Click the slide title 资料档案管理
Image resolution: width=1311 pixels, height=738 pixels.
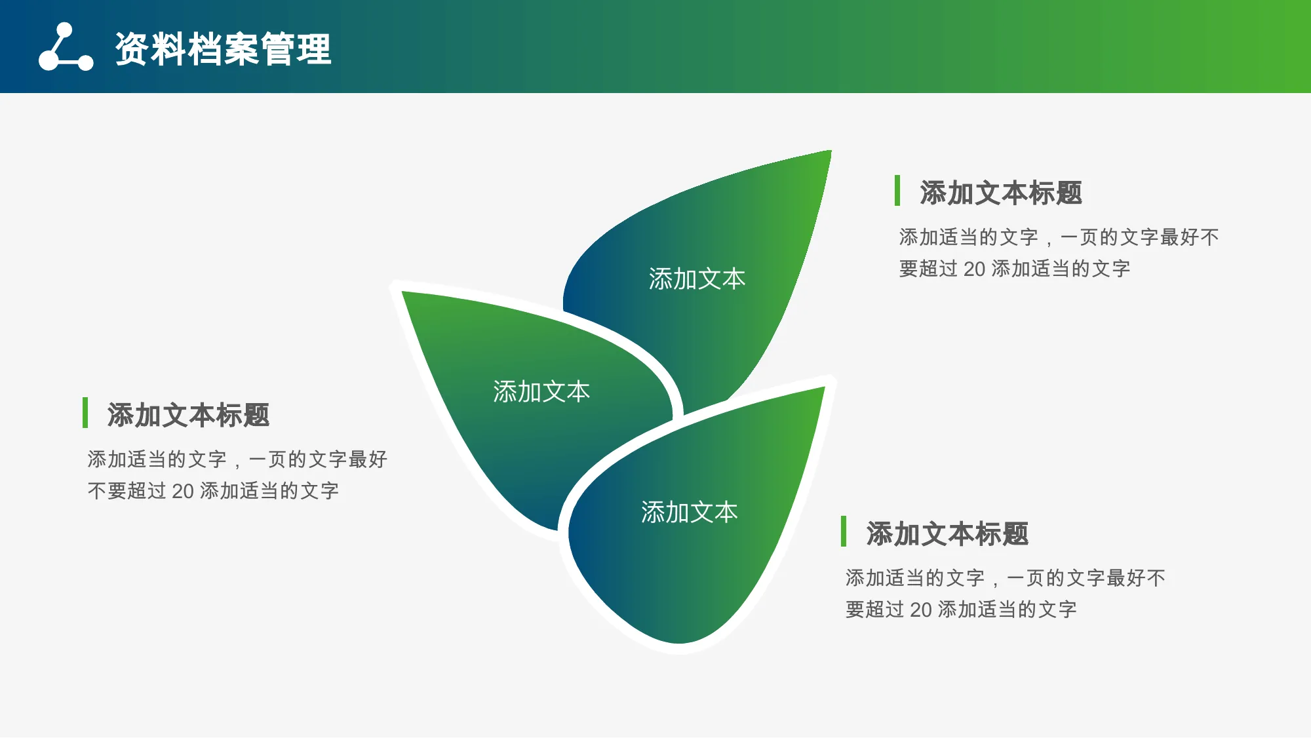[x=224, y=49]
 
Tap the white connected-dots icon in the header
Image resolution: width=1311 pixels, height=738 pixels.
[x=66, y=47]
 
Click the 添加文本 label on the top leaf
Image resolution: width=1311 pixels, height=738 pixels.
[x=697, y=279]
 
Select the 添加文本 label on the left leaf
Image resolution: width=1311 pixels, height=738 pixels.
[x=541, y=392]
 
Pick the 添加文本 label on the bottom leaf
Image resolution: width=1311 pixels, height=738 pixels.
[x=690, y=513]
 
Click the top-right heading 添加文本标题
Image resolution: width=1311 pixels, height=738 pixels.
[x=1001, y=193]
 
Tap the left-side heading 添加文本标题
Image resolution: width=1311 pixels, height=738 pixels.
[x=188, y=416]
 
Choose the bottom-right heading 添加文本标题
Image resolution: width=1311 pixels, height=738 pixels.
[x=947, y=534]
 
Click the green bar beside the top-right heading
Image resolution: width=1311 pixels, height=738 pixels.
[x=897, y=190]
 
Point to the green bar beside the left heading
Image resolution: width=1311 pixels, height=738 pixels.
[x=85, y=412]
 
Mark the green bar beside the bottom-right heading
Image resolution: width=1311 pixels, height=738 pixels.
[x=844, y=531]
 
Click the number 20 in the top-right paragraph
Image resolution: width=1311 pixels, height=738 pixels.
[x=975, y=269]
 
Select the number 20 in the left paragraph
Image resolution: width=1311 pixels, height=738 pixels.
[x=183, y=491]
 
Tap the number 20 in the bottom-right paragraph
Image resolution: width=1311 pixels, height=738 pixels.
[x=921, y=610]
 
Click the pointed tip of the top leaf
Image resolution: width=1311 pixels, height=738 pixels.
[x=831, y=151]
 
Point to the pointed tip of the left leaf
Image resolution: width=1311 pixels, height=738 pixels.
[x=402, y=292]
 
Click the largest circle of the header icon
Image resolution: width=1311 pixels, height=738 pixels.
[x=49, y=60]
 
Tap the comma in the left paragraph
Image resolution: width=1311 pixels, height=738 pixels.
[x=237, y=464]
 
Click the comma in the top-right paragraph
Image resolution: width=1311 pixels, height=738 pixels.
[x=1049, y=242]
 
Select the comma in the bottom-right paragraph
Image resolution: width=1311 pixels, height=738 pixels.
[x=995, y=583]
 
